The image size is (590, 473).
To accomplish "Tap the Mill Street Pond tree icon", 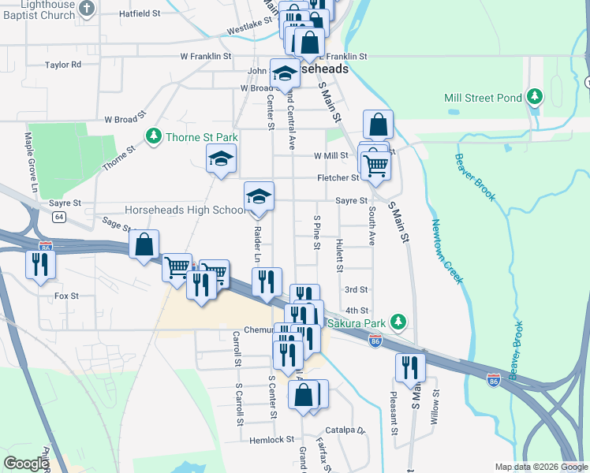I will [536, 97].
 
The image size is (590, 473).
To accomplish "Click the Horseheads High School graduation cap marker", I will [259, 197].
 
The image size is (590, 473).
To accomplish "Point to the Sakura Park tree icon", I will [399, 322].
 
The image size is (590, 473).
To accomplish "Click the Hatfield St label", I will [139, 13].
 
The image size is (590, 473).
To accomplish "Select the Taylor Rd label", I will [63, 65].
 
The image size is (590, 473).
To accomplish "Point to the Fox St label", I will [66, 296].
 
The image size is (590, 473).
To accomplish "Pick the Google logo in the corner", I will [26, 464].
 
